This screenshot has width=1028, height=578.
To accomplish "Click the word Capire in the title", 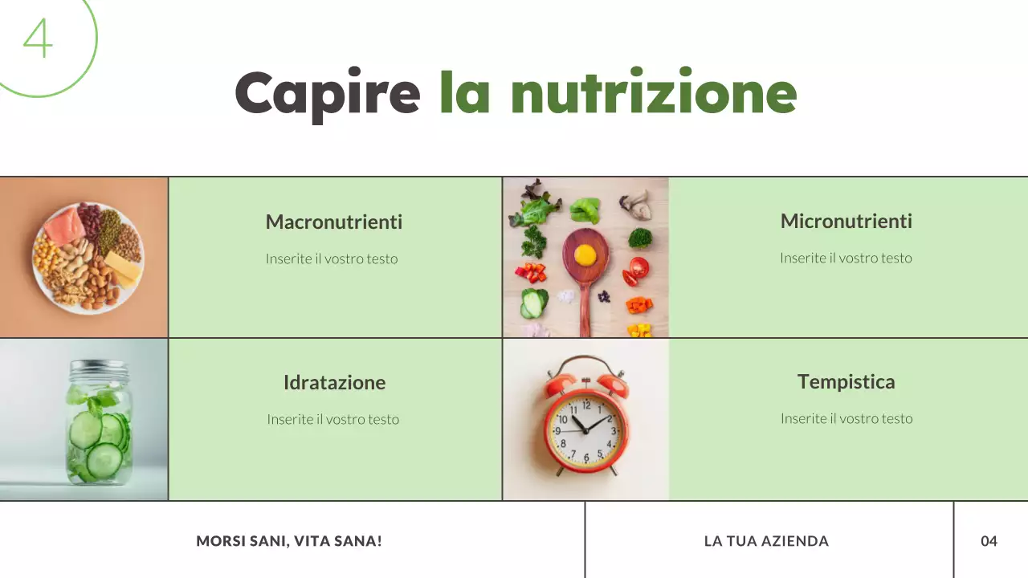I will (327, 94).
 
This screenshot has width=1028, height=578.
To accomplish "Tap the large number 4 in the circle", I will (37, 38).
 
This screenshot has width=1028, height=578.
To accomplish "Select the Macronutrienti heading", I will (333, 222).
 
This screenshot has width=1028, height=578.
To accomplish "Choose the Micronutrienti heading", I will (846, 221).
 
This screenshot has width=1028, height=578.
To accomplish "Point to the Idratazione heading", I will (334, 382).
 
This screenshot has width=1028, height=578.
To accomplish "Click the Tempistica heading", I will (846, 381).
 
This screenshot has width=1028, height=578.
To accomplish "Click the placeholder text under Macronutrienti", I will (332, 258).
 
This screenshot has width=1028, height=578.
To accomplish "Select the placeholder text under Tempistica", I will (846, 418).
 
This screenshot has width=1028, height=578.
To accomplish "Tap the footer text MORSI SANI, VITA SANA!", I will (289, 541).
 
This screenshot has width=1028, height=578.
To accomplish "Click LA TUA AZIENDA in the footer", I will (766, 541).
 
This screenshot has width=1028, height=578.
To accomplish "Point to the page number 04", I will (989, 541).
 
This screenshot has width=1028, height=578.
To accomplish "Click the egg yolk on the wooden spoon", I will (585, 254).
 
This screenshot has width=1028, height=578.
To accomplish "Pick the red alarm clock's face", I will (585, 429).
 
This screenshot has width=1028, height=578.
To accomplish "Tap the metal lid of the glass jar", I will (99, 370).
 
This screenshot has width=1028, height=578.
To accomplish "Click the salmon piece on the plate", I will (63, 226).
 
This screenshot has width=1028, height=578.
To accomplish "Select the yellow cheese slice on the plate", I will (122, 266).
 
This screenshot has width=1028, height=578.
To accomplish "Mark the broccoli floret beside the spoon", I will (640, 238).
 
